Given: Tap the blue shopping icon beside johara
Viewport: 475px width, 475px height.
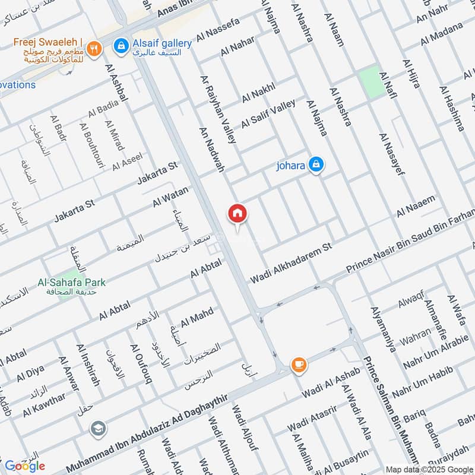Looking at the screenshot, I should click(316, 166).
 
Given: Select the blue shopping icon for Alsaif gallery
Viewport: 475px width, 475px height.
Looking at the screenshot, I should click(121, 45).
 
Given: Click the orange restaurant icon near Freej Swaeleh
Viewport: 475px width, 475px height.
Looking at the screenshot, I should click(93, 49).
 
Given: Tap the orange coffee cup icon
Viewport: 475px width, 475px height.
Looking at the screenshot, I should click(297, 364).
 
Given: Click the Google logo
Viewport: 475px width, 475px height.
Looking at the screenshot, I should click(25, 465).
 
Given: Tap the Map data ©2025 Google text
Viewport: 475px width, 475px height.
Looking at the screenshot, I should click(427, 469).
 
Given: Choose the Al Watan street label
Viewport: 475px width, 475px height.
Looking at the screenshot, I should click(170, 197).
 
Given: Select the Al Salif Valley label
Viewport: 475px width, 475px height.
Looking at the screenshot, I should click(268, 113).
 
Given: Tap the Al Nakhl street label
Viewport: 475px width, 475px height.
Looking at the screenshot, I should click(258, 93).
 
